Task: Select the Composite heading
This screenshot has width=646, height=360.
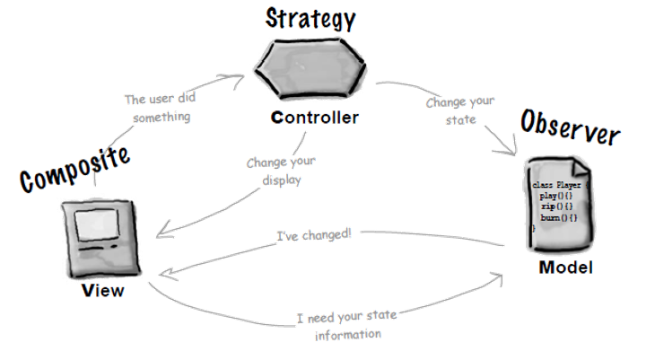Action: pyautogui.click(x=74, y=170)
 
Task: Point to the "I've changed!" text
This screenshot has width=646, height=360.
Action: pyautogui.click(x=312, y=235)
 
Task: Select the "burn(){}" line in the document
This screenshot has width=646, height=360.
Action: pyautogui.click(x=558, y=217)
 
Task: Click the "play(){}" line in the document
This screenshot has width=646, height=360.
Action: pyautogui.click(x=555, y=195)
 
